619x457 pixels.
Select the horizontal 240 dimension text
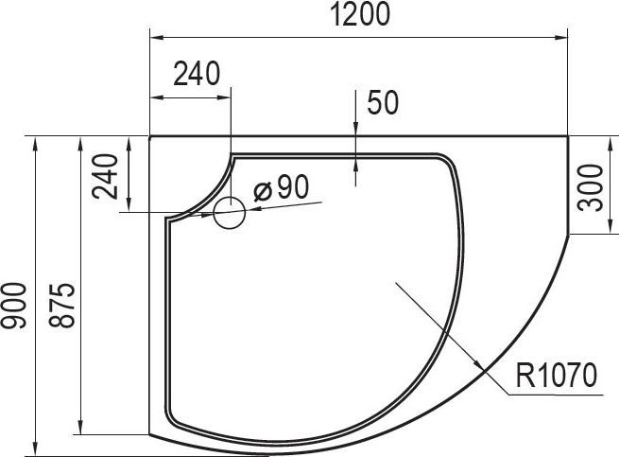click(196, 73)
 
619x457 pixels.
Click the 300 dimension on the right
click(591, 188)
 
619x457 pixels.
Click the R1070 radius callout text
click(557, 378)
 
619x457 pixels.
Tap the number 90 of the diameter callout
click(293, 188)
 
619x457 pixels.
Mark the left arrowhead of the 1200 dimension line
click(157, 37)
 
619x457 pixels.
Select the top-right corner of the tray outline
click(568, 136)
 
